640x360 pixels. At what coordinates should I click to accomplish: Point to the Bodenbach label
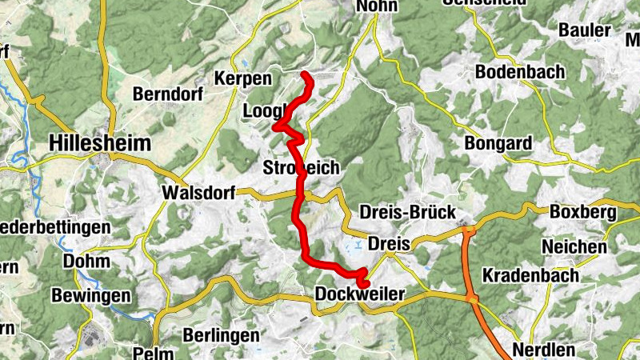pyautogui.click(x=519, y=72)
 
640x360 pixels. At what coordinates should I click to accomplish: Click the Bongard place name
pyautogui.click(x=498, y=144)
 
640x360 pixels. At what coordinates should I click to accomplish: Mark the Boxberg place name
pyautogui.click(x=582, y=213)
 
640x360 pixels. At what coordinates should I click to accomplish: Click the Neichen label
pyautogui.click(x=574, y=246)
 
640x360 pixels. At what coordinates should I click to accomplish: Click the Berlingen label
pyautogui.click(x=222, y=334)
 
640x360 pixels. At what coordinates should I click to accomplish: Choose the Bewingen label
pyautogui.click(x=90, y=296)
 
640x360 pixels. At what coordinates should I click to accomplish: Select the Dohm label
pyautogui.click(x=86, y=261)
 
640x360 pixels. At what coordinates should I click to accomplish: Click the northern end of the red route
pyautogui.click(x=305, y=74)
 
